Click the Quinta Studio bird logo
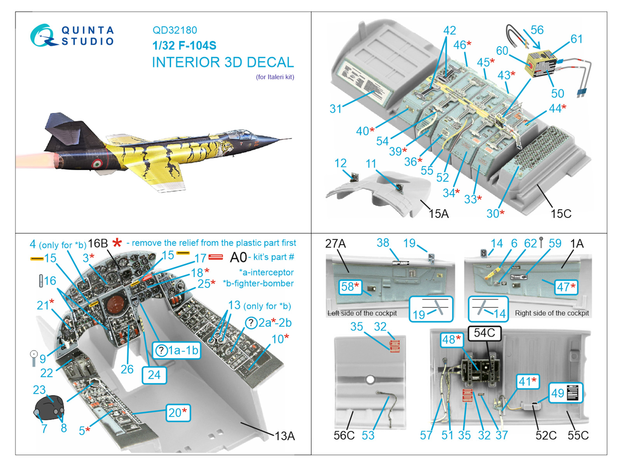click(42, 36)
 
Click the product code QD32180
click(175, 30)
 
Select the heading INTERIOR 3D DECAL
click(223, 62)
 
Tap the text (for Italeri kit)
click(275, 77)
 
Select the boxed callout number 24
click(154, 375)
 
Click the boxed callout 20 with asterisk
click(178, 412)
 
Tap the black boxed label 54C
click(484, 333)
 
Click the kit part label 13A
click(285, 436)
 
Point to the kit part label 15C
click(561, 214)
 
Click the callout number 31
click(335, 109)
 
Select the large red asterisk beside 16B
click(117, 243)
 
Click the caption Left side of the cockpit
click(362, 313)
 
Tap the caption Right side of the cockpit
click(552, 313)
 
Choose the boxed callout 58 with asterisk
click(349, 287)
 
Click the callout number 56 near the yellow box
click(537, 30)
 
